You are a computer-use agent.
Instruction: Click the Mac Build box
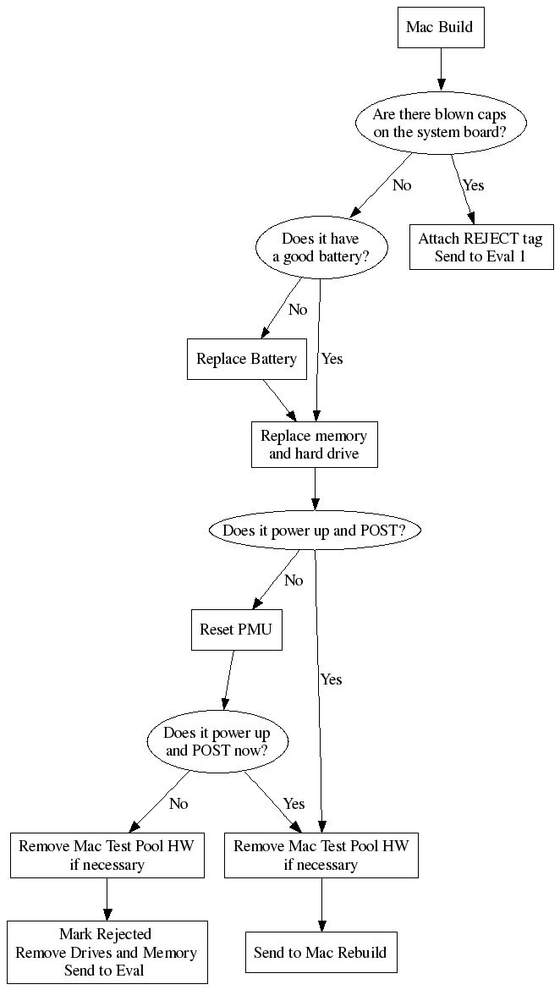click(x=439, y=27)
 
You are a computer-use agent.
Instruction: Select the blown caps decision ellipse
click(x=439, y=124)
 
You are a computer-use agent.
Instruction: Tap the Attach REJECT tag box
click(x=480, y=247)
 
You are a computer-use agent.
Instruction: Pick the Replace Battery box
click(x=246, y=359)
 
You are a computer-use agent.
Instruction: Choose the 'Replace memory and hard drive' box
click(x=314, y=445)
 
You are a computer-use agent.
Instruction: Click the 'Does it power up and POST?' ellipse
click(x=314, y=531)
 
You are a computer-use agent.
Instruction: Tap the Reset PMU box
click(x=236, y=630)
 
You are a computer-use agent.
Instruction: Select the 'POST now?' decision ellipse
click(x=218, y=741)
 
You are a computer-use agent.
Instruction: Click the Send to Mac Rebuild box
click(x=321, y=953)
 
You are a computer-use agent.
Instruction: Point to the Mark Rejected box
click(x=107, y=952)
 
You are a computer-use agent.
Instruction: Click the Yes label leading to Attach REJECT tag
click(x=473, y=185)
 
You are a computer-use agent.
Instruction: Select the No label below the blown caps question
click(x=402, y=185)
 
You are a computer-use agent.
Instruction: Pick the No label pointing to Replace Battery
click(x=298, y=310)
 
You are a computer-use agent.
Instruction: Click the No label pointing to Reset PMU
click(x=294, y=580)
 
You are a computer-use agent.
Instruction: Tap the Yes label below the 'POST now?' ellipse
click(x=294, y=803)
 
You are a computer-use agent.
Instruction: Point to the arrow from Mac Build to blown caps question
click(x=440, y=69)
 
